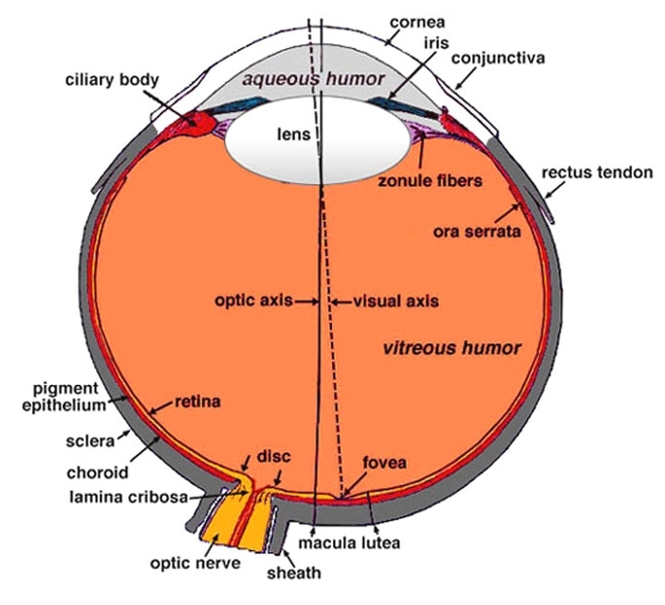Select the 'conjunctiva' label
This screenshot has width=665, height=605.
click(x=498, y=59)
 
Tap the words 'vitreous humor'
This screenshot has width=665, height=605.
click(x=452, y=348)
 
